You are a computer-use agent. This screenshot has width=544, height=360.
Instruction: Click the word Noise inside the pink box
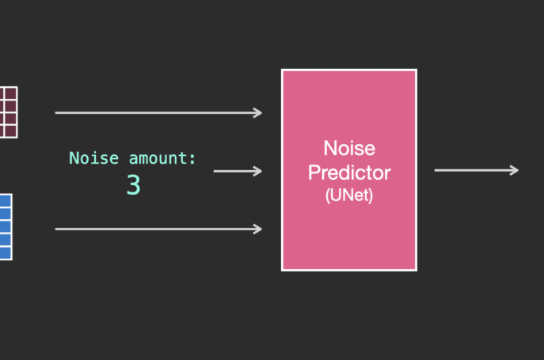349,149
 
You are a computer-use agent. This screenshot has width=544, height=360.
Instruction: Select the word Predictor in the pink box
349,172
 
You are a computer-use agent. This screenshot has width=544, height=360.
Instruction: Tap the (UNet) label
349,195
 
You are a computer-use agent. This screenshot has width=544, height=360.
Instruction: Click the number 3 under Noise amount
134,185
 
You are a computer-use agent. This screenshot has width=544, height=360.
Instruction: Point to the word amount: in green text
162,158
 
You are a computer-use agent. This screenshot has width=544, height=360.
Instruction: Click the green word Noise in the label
94,158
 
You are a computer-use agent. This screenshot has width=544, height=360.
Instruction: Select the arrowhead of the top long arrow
258,112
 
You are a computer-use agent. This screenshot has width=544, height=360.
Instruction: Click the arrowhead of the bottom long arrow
258,229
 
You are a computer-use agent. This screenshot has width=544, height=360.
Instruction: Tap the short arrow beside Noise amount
238,171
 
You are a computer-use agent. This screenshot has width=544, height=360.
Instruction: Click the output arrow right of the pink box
477,170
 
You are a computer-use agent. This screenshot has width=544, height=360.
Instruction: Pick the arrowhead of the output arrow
515,170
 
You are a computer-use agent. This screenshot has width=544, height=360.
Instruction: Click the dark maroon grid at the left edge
9,112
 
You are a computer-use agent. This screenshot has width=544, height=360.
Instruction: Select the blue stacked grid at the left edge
6,227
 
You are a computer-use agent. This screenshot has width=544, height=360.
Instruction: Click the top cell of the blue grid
6,201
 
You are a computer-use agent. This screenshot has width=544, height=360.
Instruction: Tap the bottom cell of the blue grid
6,253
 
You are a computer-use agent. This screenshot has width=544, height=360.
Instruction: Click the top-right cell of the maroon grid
11,93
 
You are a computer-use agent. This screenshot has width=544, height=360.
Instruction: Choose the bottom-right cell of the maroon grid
11,131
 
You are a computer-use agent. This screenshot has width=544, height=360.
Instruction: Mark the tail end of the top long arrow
55,112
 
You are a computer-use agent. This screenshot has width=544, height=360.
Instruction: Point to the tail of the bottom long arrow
55,229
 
